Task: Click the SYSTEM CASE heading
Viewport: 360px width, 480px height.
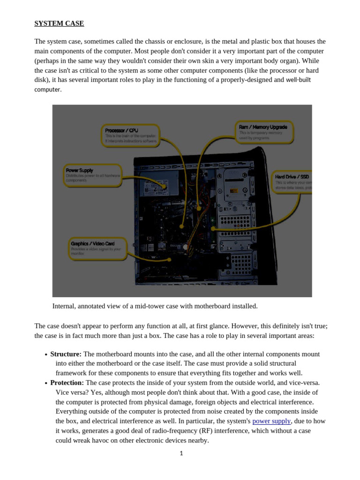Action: [59, 23]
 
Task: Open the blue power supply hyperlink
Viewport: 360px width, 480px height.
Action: [271, 421]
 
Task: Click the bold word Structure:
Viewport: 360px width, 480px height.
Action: [66, 354]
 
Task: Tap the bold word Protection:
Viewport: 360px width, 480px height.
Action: [67, 382]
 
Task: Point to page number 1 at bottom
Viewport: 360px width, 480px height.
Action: [181, 453]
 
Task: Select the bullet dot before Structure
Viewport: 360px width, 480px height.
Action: [46, 355]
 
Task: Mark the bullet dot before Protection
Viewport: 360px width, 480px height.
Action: [46, 383]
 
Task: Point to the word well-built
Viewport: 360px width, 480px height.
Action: [298, 80]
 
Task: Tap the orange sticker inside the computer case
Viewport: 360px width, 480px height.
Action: [233, 191]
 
